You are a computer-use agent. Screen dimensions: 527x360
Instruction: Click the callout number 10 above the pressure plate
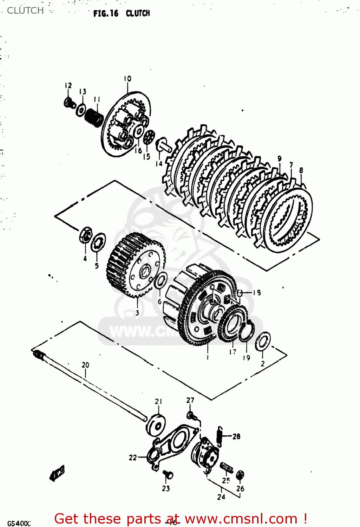click(127, 79)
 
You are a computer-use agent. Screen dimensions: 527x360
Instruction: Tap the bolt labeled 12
click(69, 102)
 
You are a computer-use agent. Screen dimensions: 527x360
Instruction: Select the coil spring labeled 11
click(94, 117)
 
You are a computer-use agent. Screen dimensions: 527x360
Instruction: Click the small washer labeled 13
click(81, 110)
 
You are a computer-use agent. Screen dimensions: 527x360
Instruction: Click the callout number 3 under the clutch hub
click(137, 312)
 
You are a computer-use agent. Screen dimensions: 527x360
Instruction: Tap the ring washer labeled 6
click(161, 281)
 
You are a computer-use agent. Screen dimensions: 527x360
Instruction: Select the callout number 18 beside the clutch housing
click(257, 292)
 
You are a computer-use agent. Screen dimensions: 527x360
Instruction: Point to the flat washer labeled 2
click(263, 341)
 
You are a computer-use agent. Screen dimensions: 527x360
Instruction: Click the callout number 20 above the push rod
click(85, 365)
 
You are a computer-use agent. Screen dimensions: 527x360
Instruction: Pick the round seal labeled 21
click(156, 426)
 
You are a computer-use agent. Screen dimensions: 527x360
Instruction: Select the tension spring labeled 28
click(220, 436)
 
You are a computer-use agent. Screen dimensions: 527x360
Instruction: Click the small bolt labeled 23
click(168, 475)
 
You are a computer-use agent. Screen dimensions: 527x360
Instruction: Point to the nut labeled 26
click(240, 475)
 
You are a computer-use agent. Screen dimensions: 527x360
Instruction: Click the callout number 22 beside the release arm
click(133, 457)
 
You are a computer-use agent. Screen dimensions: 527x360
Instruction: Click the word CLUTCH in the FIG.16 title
click(138, 13)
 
